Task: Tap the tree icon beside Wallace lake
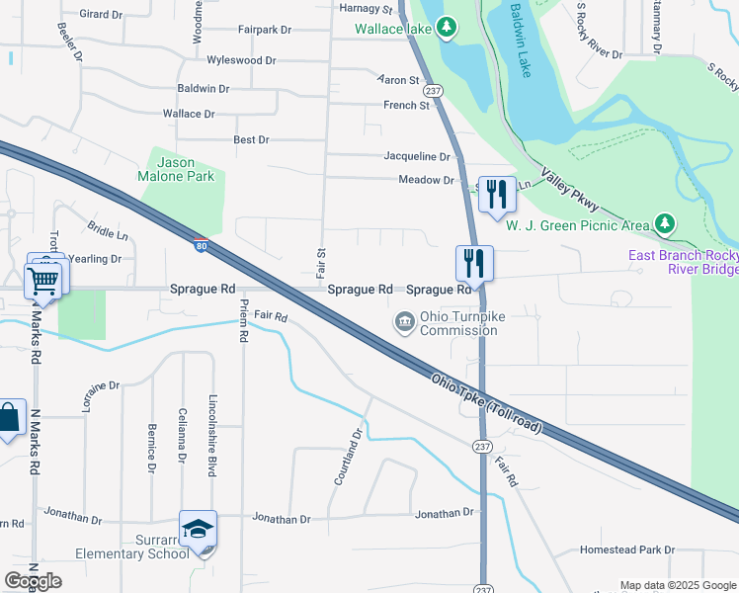pos(447,27)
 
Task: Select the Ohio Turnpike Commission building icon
pos(404,321)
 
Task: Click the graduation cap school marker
pos(198,530)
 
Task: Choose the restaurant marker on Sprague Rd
pos(474,262)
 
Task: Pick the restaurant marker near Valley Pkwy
pos(497,194)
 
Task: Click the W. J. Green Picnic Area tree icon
pos(667,224)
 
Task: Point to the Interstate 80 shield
pos(201,245)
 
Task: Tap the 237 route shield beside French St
pos(434,90)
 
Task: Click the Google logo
pos(33,581)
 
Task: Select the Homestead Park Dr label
pos(626,550)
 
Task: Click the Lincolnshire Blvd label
pos(212,436)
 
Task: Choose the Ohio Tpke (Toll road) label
pos(486,402)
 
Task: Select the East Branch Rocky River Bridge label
pos(684,263)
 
